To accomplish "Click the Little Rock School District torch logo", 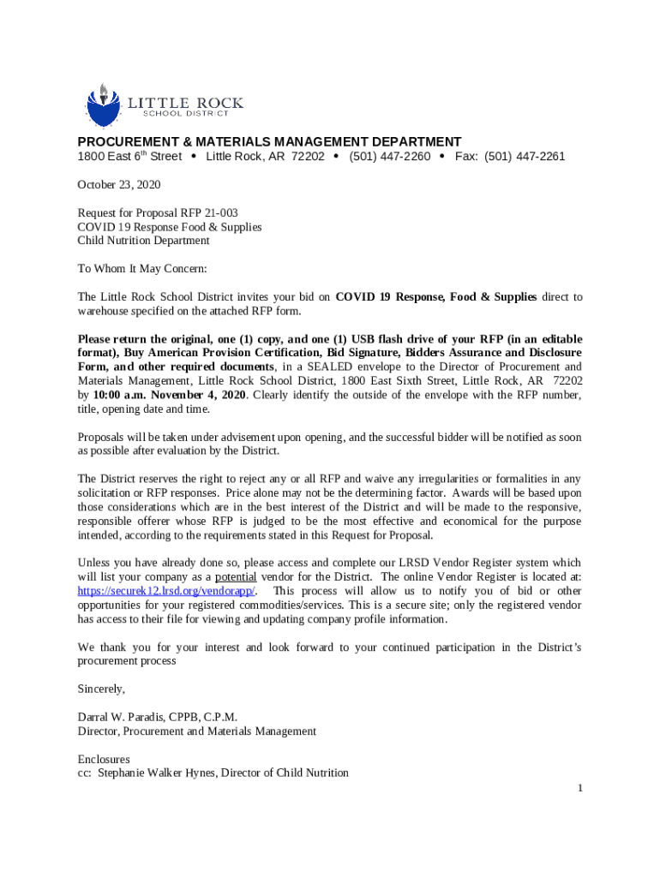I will (x=102, y=105).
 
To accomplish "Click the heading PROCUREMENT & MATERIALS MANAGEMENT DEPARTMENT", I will (x=269, y=141).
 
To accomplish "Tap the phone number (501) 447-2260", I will (x=390, y=157).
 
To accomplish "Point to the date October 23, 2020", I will (x=119, y=185).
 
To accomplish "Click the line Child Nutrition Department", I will (x=143, y=241).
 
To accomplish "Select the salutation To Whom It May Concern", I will (x=142, y=269).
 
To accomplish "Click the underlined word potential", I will (x=236, y=577).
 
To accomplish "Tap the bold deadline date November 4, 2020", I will (x=204, y=395).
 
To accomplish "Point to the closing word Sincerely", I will (x=101, y=689).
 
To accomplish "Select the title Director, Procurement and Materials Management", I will (x=196, y=731).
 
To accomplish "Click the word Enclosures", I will (x=104, y=760).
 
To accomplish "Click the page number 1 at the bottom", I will (x=579, y=788).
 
